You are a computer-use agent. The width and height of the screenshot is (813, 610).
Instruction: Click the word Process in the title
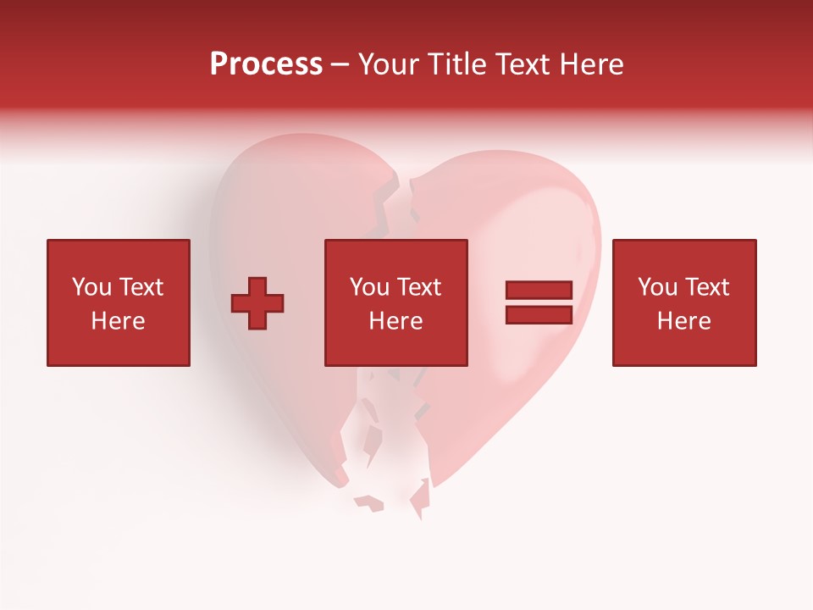pos(266,64)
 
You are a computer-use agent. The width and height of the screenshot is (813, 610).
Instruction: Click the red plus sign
pos(257,303)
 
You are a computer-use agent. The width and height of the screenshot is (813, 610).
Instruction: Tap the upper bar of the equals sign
pos(539,290)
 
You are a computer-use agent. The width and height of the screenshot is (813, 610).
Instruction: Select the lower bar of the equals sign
pos(539,314)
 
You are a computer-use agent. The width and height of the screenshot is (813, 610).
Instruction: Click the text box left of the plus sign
pos(119,302)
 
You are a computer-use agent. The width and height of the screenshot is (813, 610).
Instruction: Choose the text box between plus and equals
pos(395,302)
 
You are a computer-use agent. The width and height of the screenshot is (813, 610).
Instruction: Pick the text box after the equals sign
pos(683,302)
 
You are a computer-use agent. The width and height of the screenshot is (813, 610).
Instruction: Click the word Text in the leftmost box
pos(140,287)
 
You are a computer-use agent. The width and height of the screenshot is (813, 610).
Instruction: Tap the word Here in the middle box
pos(395,321)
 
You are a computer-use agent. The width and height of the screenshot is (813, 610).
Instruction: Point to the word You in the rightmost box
pos(657,287)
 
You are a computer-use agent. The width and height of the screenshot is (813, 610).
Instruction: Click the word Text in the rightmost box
pos(706,287)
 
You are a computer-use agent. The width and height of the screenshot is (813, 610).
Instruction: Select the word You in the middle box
pos(369,287)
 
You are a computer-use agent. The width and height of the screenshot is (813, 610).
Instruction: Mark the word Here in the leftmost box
pos(119,321)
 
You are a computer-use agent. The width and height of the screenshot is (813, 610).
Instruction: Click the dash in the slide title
pos(340,65)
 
